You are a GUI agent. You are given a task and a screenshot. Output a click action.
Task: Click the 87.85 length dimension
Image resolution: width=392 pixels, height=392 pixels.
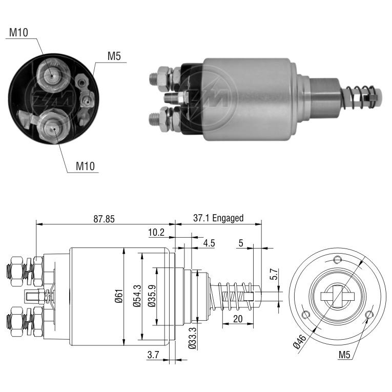click(x=104, y=219)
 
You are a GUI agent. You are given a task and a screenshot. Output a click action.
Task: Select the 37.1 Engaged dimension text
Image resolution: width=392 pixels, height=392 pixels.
click(x=218, y=218)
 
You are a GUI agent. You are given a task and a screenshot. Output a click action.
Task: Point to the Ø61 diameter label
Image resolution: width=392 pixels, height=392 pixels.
click(x=119, y=296)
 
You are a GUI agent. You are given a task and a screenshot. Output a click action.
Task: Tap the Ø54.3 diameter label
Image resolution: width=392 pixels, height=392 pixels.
click(x=137, y=296)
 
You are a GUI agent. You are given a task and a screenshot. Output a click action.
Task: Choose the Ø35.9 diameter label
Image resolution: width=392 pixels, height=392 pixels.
click(x=152, y=296)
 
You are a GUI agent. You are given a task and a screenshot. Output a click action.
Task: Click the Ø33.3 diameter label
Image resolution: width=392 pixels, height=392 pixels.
click(x=193, y=338)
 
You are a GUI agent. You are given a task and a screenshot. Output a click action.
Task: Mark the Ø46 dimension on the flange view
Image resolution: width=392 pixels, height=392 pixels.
click(x=299, y=342)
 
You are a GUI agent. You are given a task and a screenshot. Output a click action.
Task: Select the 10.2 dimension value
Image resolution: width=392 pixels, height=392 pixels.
click(x=156, y=233)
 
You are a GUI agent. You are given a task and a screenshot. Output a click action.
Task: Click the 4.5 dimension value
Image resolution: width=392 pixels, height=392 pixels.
click(x=209, y=243)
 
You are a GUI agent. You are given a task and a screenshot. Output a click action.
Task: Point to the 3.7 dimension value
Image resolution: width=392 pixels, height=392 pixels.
click(x=153, y=355)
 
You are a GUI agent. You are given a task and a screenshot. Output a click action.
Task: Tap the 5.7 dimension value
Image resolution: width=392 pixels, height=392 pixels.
click(x=275, y=274)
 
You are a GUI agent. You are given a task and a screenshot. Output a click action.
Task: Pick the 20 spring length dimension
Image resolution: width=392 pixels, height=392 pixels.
click(x=238, y=319)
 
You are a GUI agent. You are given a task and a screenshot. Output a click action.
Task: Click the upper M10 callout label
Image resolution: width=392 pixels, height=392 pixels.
click(x=18, y=32)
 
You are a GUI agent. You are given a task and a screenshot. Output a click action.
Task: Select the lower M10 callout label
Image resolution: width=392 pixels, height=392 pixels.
click(x=85, y=166)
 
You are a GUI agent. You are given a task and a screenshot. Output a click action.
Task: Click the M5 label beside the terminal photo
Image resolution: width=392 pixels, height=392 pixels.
click(x=114, y=56)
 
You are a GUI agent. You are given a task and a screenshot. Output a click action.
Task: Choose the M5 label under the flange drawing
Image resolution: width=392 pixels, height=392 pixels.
click(x=344, y=355)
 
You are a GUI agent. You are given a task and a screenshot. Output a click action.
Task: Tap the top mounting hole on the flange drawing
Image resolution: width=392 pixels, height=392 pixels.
click(x=337, y=259)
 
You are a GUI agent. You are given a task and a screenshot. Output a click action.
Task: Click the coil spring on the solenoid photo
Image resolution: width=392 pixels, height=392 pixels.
click(x=356, y=97)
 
